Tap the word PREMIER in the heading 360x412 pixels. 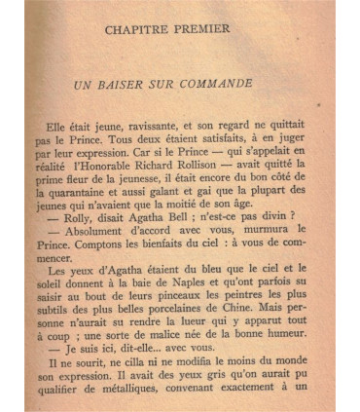point(218,29)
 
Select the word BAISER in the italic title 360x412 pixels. point(128,85)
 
